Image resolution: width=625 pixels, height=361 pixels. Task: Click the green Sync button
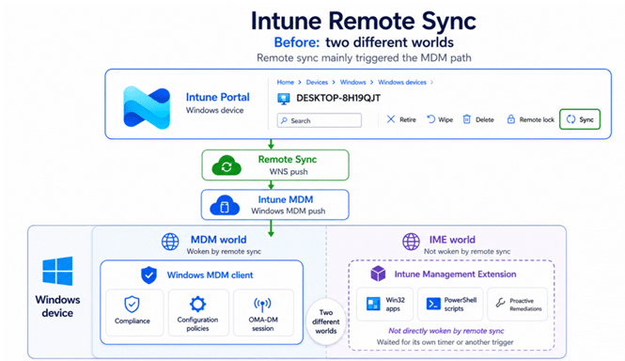pos(580,119)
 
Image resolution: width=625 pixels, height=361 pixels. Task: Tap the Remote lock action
pos(530,119)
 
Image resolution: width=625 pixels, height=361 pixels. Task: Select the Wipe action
pos(440,119)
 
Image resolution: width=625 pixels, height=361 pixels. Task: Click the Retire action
pos(401,119)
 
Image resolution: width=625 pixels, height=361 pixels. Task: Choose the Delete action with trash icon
pos(478,119)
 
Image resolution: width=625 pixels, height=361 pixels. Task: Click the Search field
pos(320,120)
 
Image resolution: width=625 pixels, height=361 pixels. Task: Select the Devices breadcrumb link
pos(317,82)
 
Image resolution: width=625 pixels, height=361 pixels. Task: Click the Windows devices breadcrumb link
pos(402,82)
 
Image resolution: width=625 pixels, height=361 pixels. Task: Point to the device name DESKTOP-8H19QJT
pos(338,98)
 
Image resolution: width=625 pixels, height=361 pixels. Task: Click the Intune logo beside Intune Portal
pos(147,107)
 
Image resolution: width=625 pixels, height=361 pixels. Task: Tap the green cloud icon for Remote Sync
pos(227,165)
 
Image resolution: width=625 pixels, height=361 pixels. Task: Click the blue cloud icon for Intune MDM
pos(225,205)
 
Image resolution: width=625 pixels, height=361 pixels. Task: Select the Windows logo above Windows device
pos(57,271)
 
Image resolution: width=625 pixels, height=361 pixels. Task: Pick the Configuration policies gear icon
pos(197,304)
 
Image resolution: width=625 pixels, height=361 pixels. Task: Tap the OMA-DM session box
pos(263,312)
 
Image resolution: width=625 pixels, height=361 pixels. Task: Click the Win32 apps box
pos(384,304)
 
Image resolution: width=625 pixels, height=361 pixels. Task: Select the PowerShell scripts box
pos(450,304)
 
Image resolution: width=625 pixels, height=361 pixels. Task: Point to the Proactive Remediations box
pos(517,304)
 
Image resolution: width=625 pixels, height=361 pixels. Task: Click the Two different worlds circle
pos(326,322)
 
